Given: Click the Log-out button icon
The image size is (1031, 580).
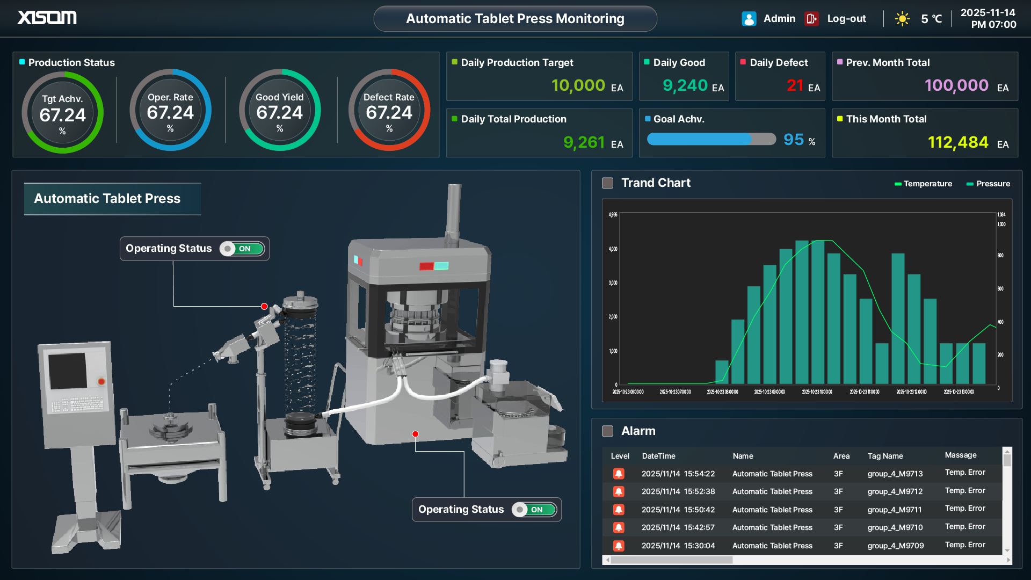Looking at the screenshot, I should pyautogui.click(x=811, y=19).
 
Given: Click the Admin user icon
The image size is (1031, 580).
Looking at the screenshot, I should pyautogui.click(x=749, y=19).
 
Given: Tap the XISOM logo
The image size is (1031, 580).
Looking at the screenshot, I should pyautogui.click(x=47, y=18).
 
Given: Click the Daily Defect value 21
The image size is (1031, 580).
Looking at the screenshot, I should pyautogui.click(x=795, y=85).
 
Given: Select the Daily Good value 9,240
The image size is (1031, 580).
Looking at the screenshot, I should pyautogui.click(x=685, y=85).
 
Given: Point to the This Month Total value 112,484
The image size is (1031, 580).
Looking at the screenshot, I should pyautogui.click(x=957, y=142).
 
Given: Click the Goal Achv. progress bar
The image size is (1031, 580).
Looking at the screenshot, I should pyautogui.click(x=711, y=139).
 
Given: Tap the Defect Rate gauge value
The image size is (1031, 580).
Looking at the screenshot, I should pyautogui.click(x=389, y=113).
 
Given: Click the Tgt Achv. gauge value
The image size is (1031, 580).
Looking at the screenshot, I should pyautogui.click(x=62, y=115).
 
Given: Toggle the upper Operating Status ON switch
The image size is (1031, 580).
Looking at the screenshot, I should pyautogui.click(x=242, y=249).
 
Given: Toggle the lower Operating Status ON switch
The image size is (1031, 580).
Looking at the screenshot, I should pyautogui.click(x=534, y=510).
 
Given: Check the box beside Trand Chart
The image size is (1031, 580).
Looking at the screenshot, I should pyautogui.click(x=608, y=183).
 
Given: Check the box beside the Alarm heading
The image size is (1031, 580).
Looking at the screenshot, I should pyautogui.click(x=608, y=431).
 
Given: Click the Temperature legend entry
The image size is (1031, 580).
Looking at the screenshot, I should pyautogui.click(x=923, y=184).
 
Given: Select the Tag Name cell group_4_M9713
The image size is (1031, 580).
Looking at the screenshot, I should pyautogui.click(x=895, y=474).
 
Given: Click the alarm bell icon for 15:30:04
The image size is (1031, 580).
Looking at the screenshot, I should pyautogui.click(x=619, y=546).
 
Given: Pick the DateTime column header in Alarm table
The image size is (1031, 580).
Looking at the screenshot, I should pyautogui.click(x=658, y=456).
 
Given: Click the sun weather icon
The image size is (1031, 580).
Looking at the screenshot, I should pyautogui.click(x=902, y=19).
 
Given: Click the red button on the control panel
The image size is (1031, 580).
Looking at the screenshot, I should pyautogui.click(x=101, y=381).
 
